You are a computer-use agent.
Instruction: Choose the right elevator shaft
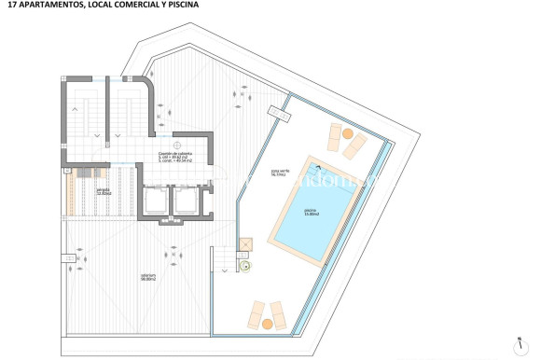point(186,200)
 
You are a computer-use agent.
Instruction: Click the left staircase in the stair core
point(82,117)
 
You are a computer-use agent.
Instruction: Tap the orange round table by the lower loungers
point(269,323)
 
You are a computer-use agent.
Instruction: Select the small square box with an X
point(245,245)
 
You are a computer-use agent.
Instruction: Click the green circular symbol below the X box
point(245,266)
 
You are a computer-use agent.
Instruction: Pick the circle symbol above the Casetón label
point(176,143)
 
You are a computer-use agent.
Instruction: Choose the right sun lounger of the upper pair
point(355,145)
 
